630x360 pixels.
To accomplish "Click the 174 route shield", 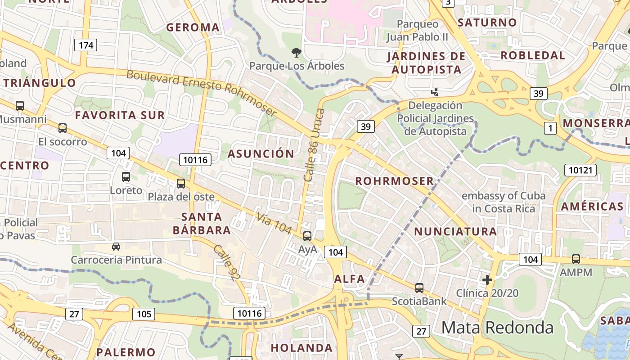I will click(x=86, y=45).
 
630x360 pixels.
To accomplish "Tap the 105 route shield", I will click(x=144, y=314).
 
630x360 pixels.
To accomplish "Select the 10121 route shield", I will click(x=580, y=170).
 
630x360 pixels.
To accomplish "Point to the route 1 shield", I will click(x=549, y=129).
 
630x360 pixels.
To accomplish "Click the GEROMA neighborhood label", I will click(x=193, y=27).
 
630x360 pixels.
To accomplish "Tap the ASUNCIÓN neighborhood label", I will click(x=261, y=154).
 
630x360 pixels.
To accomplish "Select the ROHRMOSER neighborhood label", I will click(x=395, y=181).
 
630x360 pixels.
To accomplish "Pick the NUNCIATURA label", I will click(x=455, y=232).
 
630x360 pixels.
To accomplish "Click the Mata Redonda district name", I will click(x=497, y=327).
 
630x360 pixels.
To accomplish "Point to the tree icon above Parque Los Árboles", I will click(x=296, y=53).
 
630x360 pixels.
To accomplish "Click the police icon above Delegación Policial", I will click(x=435, y=92).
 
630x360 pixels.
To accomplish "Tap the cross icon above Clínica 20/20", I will click(x=487, y=280).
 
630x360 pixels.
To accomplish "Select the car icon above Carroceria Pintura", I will click(x=116, y=247).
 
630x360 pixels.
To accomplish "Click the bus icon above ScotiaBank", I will click(x=419, y=288).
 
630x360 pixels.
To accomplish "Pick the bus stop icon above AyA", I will click(x=307, y=236).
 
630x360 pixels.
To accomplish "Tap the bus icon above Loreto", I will click(x=126, y=177).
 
